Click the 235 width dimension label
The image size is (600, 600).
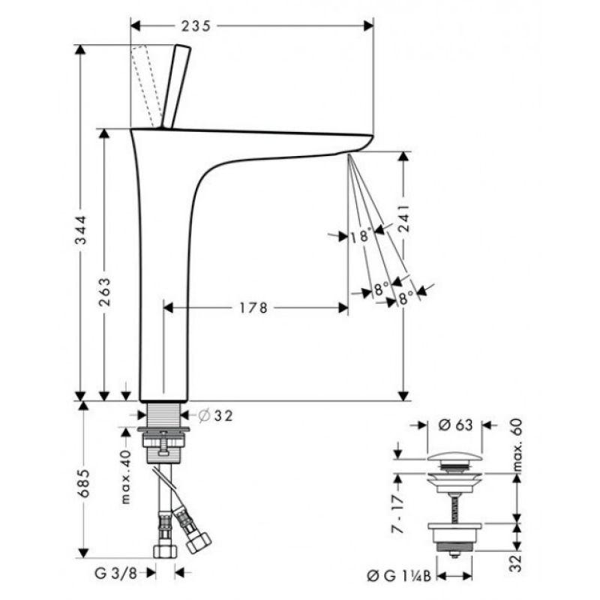tap(196, 26)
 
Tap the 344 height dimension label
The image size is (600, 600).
tap(81, 230)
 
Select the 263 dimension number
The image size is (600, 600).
tap(104, 292)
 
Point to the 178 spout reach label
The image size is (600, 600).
tap(253, 307)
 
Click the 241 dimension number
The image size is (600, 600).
tap(403, 218)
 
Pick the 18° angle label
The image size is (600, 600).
tap(361, 235)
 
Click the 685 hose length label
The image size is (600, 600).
tap(83, 483)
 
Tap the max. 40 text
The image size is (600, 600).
tap(125, 477)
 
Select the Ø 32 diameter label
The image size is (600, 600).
tap(215, 415)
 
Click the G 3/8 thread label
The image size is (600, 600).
tap(115, 574)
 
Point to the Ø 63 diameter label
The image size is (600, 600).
tap(455, 424)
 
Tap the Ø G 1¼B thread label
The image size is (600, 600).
tap(399, 576)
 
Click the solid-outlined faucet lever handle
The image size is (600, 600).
tap(176, 86)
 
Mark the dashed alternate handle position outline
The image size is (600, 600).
tap(146, 86)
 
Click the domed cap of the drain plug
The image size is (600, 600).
tap(454, 457)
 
